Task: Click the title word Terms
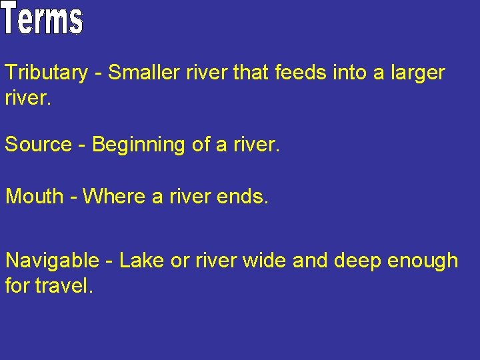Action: tap(43, 19)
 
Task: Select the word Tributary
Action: tap(46, 73)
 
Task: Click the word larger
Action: tap(415, 73)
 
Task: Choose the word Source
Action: tap(39, 144)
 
